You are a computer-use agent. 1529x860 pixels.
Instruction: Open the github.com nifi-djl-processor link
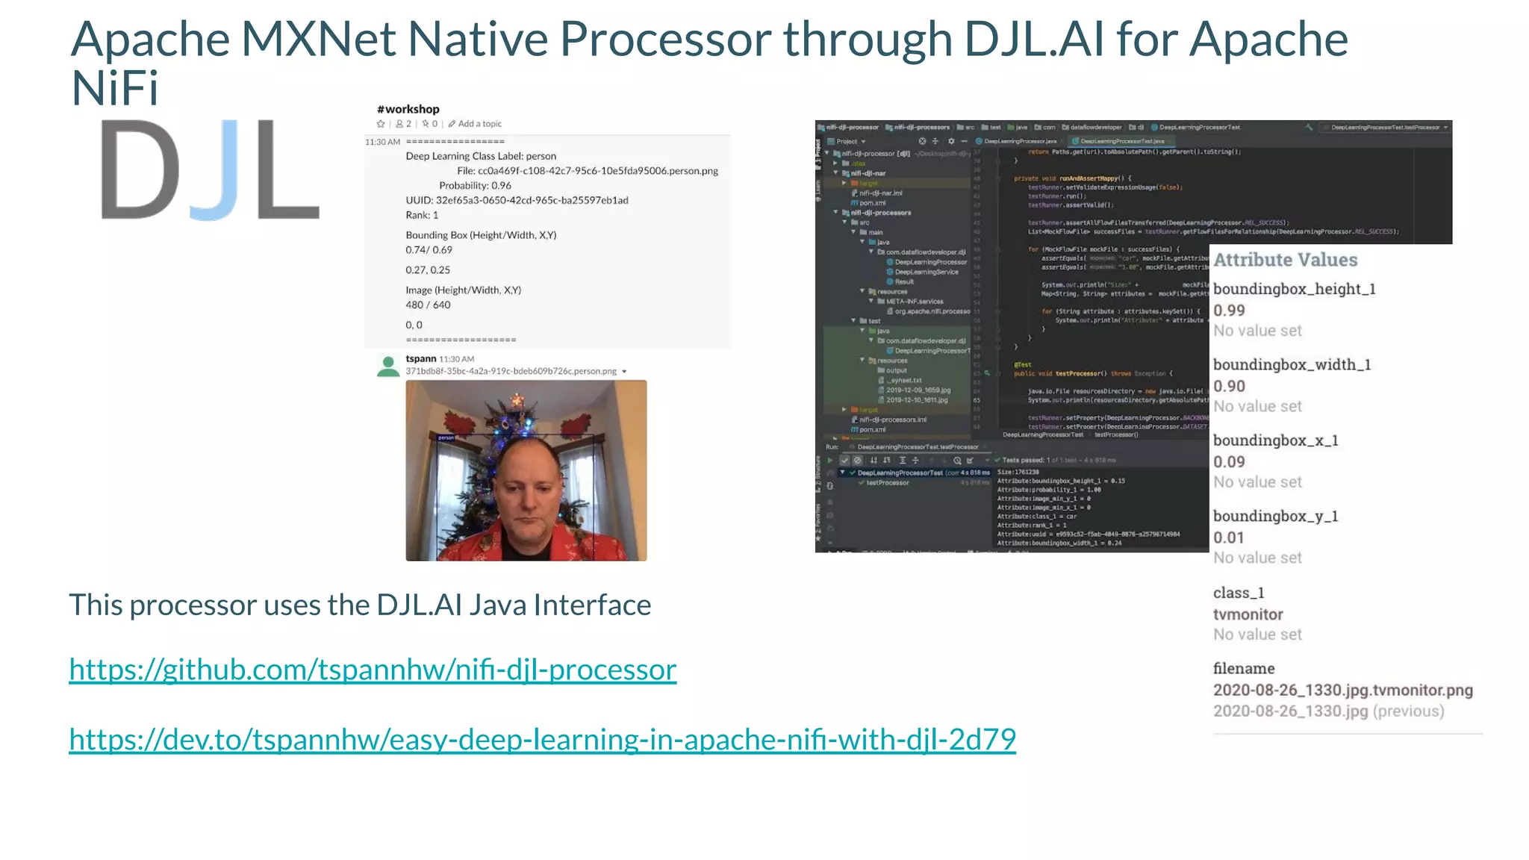(373, 670)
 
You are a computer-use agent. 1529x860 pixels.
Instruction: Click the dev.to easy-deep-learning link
(542, 740)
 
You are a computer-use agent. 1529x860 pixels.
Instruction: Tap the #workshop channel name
(408, 109)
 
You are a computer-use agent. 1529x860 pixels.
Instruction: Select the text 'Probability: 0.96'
(475, 185)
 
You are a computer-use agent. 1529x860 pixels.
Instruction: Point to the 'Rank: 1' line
(422, 215)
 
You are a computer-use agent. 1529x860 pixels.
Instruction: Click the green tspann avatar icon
(388, 366)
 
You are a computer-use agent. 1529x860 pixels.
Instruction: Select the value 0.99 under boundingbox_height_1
(1229, 311)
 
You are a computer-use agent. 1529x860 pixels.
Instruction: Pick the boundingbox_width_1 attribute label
(1292, 364)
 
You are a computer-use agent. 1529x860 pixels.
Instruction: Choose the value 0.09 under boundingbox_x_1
(1229, 462)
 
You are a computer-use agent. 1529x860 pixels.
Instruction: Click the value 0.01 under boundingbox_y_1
(1229, 537)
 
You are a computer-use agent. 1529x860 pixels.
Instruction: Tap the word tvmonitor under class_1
(1248, 614)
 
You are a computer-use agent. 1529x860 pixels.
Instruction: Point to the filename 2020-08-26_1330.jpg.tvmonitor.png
(1342, 690)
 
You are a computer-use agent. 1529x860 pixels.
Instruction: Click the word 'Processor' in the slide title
(664, 39)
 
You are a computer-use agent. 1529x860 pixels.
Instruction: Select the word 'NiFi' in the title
(114, 88)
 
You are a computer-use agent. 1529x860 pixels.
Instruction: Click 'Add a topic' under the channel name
(479, 124)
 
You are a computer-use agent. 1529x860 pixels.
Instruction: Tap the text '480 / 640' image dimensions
(428, 305)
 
